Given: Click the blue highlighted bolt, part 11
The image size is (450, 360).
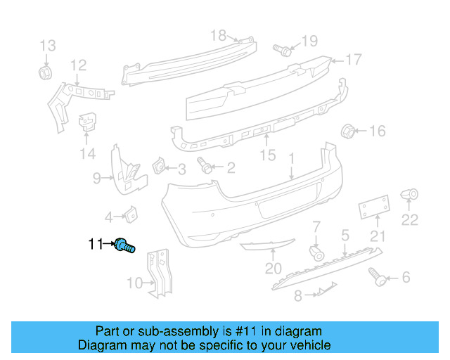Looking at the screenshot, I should [125, 245].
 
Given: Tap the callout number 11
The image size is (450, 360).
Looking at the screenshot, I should [95, 245].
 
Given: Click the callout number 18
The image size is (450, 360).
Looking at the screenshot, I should [219, 34].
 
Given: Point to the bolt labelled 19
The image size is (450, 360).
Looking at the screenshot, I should [283, 50].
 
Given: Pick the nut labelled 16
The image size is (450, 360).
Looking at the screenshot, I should [347, 131].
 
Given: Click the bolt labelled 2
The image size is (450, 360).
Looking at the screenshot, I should [206, 167].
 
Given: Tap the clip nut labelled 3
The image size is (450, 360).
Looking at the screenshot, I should [159, 167].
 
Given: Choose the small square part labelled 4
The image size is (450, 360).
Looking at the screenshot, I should [131, 216].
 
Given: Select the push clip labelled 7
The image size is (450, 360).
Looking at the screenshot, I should [316, 252].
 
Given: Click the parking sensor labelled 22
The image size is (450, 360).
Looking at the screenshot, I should [410, 195].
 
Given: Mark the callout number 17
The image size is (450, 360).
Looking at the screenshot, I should [353, 59].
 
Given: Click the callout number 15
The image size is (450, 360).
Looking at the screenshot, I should [268, 155].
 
